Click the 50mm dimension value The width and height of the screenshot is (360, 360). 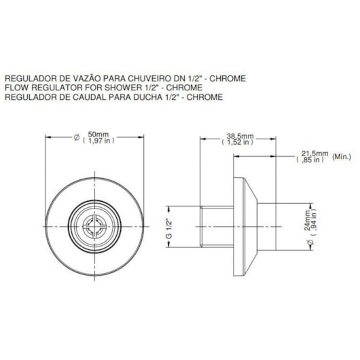tap(98, 134)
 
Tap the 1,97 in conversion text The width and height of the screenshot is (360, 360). tap(98, 141)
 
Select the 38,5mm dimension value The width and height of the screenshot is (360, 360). tap(240, 136)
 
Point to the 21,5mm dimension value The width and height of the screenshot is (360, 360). tap(314, 154)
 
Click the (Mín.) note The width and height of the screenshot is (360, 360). tap(342, 157)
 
